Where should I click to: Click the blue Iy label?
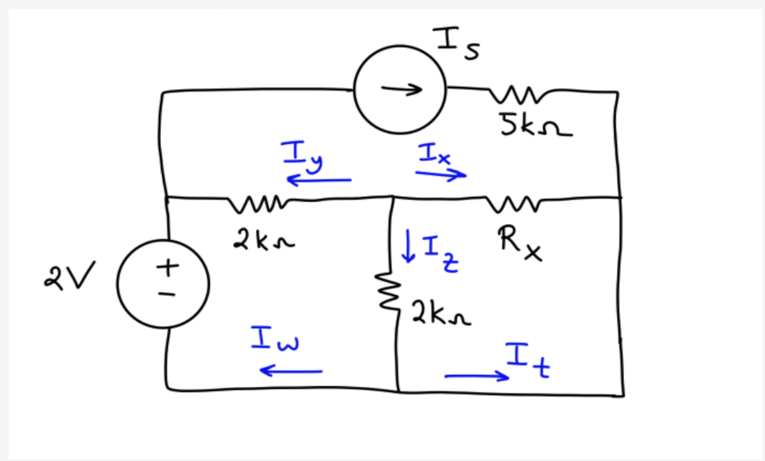[302, 157]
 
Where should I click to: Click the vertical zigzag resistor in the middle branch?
[388, 291]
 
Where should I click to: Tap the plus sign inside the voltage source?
[168, 267]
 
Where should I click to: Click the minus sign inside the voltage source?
[167, 294]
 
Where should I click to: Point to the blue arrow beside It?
[477, 376]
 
